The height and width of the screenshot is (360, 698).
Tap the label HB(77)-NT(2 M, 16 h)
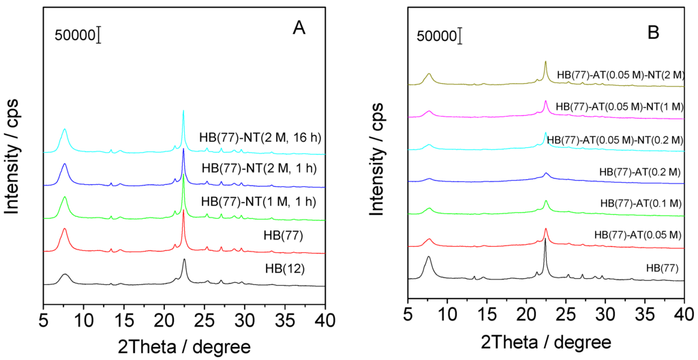pos(260,138)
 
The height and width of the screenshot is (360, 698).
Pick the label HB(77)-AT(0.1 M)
pos(640,203)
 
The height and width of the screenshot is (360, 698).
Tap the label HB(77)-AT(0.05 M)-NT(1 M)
pos(620,106)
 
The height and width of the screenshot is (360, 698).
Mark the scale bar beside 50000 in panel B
pos(461,36)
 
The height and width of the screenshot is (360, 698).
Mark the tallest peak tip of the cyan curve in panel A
pos(183,111)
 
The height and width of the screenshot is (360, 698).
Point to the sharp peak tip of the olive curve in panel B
pos(545,61)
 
